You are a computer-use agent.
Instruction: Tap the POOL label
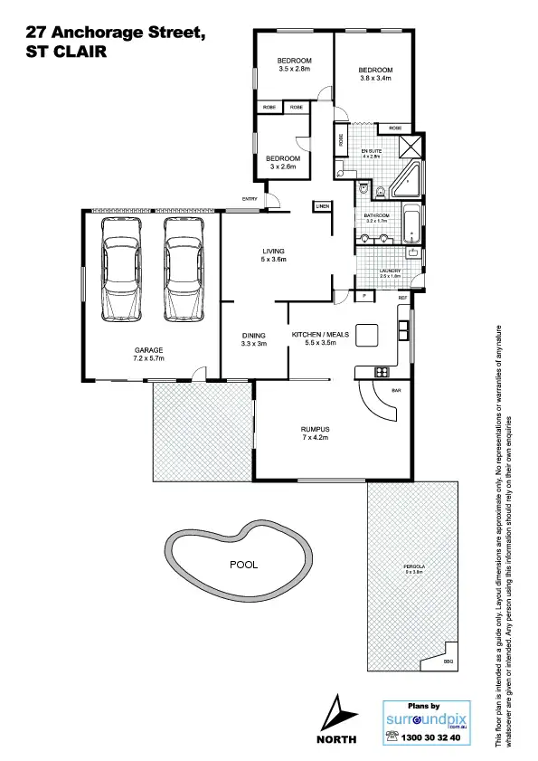tap(243, 564)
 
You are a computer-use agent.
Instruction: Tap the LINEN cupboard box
tap(322, 206)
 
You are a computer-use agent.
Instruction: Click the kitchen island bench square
tap(367, 334)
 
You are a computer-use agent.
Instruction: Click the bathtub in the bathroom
tap(411, 226)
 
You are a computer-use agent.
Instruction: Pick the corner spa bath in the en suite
tap(401, 180)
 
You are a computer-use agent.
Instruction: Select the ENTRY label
tap(250, 198)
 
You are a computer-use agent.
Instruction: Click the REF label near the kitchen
tap(403, 296)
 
